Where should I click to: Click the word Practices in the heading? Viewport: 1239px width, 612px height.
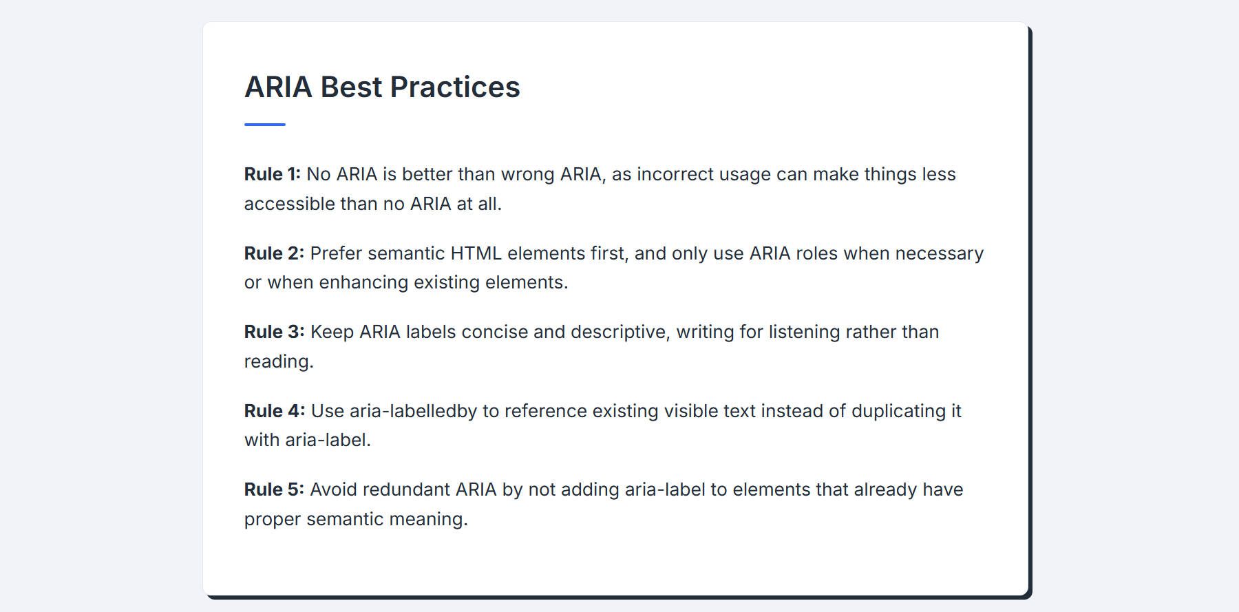coord(455,87)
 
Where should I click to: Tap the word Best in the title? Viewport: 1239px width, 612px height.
coord(351,87)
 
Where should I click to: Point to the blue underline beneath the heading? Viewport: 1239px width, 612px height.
coord(265,125)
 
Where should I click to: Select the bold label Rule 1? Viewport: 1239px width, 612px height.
coord(273,174)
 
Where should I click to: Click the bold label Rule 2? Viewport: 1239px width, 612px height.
coord(274,253)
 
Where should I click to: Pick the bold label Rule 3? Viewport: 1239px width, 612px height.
coord(274,332)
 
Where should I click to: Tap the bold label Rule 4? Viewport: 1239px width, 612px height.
coord(275,411)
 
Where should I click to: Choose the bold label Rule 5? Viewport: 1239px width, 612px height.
coord(274,489)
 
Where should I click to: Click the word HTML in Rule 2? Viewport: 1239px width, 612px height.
coord(476,253)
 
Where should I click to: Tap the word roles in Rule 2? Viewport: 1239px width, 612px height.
coord(817,253)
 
